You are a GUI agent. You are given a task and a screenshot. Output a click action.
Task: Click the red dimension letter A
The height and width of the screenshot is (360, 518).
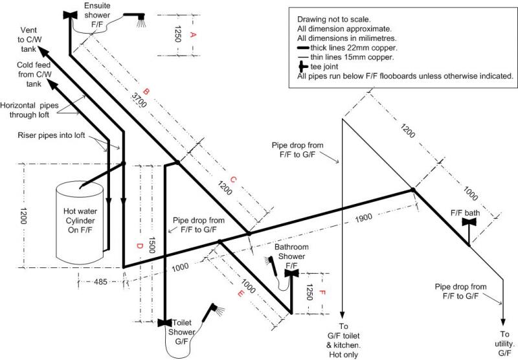click(x=192, y=36)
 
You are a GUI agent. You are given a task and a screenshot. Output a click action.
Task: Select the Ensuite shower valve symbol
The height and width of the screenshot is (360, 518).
click(x=70, y=16)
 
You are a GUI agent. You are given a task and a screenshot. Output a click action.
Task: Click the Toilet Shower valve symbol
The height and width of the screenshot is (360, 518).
click(x=165, y=322)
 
